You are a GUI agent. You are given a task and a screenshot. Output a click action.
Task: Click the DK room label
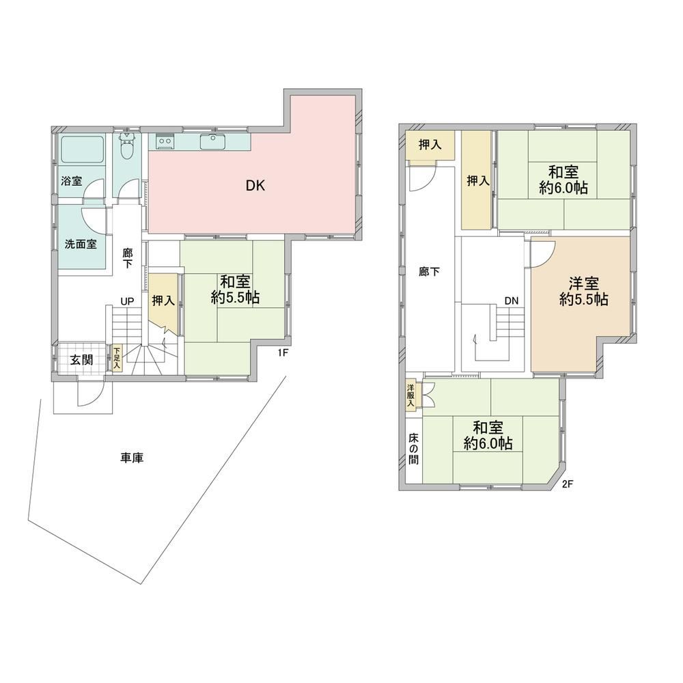pyautogui.click(x=255, y=184)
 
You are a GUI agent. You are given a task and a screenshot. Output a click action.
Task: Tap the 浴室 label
pyautogui.click(x=72, y=182)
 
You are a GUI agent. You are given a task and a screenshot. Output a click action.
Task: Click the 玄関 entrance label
pyautogui.click(x=82, y=360)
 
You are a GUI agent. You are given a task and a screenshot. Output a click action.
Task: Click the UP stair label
pyautogui.click(x=127, y=301)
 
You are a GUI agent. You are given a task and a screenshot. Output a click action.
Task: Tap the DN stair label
pyautogui.click(x=512, y=300)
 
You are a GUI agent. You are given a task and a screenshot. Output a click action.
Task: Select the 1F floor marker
pyautogui.click(x=284, y=353)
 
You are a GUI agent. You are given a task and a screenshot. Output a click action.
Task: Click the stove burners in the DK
pyautogui.click(x=165, y=142)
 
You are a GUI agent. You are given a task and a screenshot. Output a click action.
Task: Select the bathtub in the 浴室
pyautogui.click(x=81, y=150)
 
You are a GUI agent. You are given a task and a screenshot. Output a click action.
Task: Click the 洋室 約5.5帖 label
pyautogui.click(x=584, y=291)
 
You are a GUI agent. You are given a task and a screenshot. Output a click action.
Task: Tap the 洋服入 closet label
pyautogui.click(x=411, y=394)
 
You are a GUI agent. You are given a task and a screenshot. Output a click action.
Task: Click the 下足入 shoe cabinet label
pyautogui.click(x=117, y=359)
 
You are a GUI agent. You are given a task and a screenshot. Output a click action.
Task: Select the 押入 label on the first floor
pyautogui.click(x=163, y=300)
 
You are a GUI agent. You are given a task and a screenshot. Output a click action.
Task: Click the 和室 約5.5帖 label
pyautogui.click(x=235, y=290)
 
